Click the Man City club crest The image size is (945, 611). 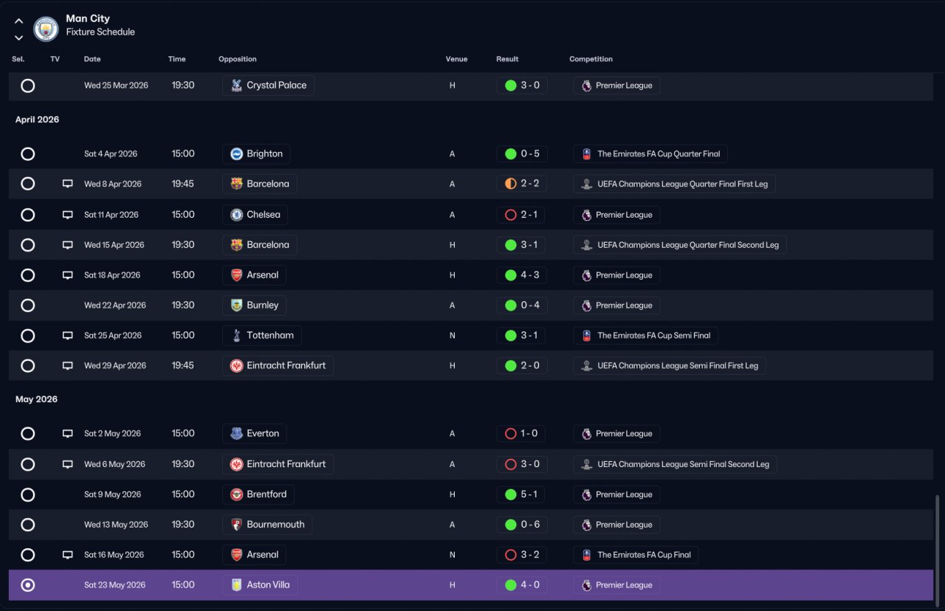(x=46, y=29)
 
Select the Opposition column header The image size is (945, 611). (x=237, y=59)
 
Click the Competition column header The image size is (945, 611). (x=591, y=59)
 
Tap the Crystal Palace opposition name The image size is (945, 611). (x=276, y=85)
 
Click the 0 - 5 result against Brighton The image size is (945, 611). (x=530, y=153)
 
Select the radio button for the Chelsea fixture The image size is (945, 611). (x=28, y=215)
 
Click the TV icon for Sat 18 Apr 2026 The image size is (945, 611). (x=67, y=275)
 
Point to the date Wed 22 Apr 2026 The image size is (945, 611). (x=114, y=305)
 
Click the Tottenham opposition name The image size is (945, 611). (x=270, y=335)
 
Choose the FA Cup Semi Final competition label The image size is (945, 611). (x=653, y=336)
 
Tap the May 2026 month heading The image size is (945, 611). (x=36, y=399)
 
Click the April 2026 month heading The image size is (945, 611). (x=37, y=120)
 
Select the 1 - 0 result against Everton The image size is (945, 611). (x=529, y=433)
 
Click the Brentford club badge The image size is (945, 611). (x=236, y=494)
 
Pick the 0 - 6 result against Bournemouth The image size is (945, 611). (x=530, y=525)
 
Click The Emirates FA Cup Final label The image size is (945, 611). (x=644, y=555)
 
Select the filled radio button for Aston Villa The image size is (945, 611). (x=28, y=585)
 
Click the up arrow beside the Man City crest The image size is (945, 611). (x=18, y=21)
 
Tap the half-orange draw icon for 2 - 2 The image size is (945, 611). (x=510, y=184)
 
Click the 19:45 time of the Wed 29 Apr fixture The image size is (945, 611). (x=182, y=365)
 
